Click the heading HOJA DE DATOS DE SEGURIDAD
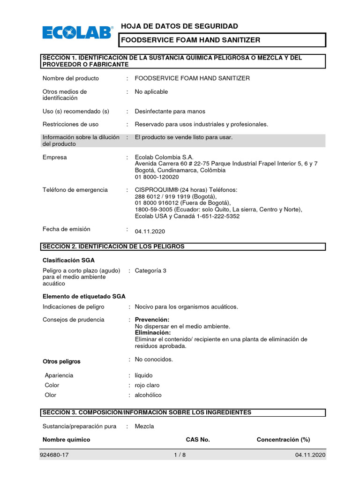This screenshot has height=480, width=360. pyautogui.click(x=179, y=26)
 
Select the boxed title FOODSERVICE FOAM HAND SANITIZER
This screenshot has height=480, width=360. pyautogui.click(x=190, y=40)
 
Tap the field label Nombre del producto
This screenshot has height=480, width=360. pyautogui.click(x=71, y=78)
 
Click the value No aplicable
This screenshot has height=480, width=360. pyautogui.click(x=151, y=92)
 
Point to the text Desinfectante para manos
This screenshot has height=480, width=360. pyautogui.click(x=170, y=112)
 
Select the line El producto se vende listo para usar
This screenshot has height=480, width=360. pyautogui.click(x=183, y=137)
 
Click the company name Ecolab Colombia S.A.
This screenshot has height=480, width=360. pyautogui.click(x=164, y=157)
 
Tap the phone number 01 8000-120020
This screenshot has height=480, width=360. pyautogui.click(x=157, y=177)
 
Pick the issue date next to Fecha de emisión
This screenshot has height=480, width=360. pyautogui.click(x=150, y=232)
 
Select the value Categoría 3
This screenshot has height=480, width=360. pyautogui.click(x=150, y=271)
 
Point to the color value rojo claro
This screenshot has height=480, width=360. pyautogui.click(x=147, y=385)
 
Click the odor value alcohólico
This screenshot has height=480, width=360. pyautogui.click(x=148, y=395)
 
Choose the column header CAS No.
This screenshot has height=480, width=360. pyautogui.click(x=197, y=440)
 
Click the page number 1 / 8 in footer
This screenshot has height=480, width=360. pyautogui.click(x=180, y=455)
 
